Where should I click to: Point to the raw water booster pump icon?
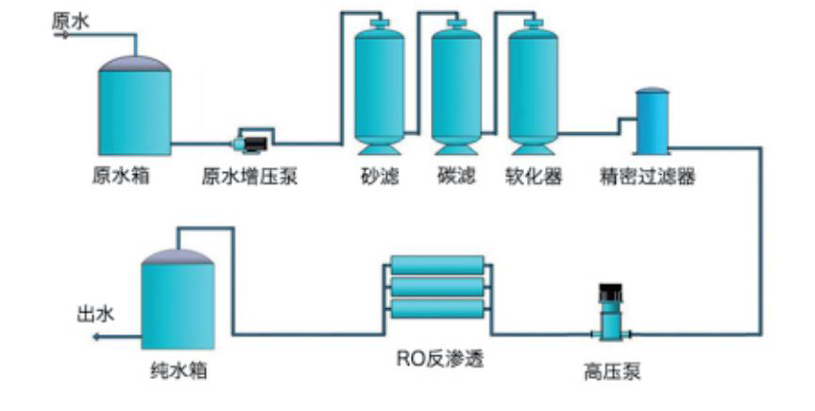[x=252, y=143]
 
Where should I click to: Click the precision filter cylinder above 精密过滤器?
[x=652, y=121]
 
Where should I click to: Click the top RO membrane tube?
[x=437, y=265]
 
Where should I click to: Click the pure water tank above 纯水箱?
[x=178, y=300]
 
